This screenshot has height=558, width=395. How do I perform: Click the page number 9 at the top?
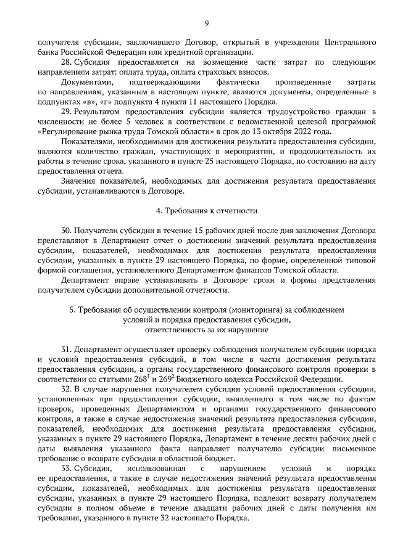[x=206, y=23]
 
